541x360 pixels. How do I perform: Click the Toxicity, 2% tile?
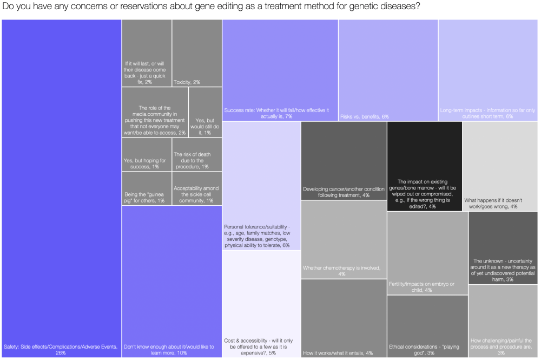[x=197, y=53]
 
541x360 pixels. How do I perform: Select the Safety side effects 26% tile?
[x=62, y=188]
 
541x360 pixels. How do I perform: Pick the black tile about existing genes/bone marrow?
[x=425, y=166]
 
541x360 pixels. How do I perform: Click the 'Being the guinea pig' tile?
[x=146, y=188]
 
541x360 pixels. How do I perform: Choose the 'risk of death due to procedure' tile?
[x=197, y=155]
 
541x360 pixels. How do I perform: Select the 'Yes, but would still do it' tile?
[x=205, y=112]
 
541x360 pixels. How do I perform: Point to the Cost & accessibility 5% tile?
[x=261, y=304]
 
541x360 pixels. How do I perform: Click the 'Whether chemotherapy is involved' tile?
[x=344, y=240]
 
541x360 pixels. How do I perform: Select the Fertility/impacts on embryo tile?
[x=427, y=253]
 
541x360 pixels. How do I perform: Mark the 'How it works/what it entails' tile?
[x=344, y=318]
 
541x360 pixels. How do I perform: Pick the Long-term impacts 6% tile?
[x=488, y=70]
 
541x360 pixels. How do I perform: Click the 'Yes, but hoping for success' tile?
[x=146, y=155]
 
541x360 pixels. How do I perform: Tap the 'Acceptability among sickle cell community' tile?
[x=197, y=188]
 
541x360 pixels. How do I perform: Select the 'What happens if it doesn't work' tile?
[x=500, y=166]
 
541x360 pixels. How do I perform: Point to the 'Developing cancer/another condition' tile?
[x=344, y=161]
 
